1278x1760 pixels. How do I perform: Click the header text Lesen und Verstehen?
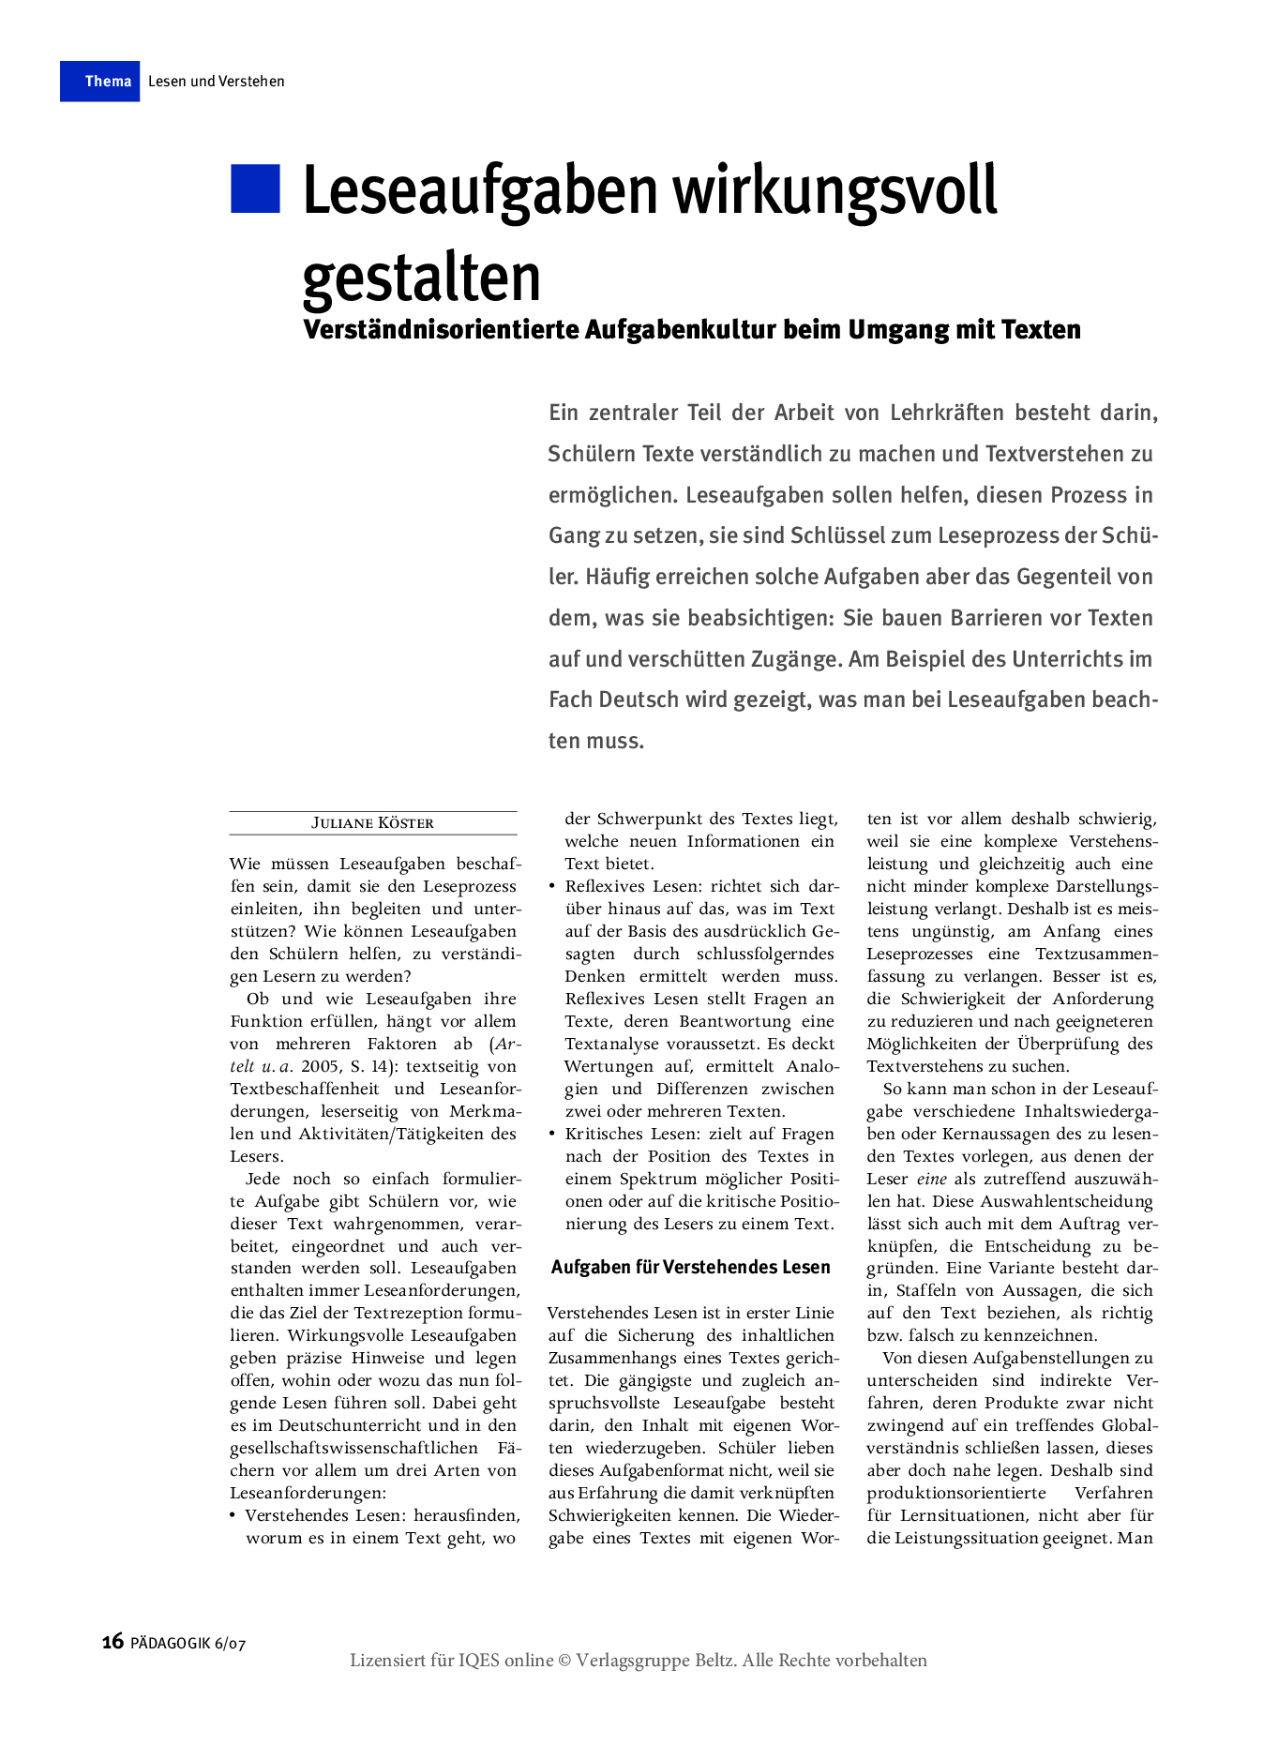pyautogui.click(x=216, y=82)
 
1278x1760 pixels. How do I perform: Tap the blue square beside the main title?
pyautogui.click(x=255, y=188)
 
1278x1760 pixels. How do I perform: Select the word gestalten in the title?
pyautogui.click(x=422, y=278)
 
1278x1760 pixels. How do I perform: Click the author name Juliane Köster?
pyautogui.click(x=372, y=823)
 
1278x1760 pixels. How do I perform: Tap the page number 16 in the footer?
pyautogui.click(x=113, y=1641)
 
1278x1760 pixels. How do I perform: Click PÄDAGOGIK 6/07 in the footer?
pyautogui.click(x=188, y=1643)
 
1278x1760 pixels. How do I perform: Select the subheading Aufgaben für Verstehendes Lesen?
pyautogui.click(x=690, y=1268)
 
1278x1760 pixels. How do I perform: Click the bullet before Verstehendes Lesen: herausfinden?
pyautogui.click(x=233, y=1515)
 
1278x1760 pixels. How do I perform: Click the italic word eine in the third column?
pyautogui.click(x=931, y=1180)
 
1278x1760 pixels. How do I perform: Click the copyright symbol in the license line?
pyautogui.click(x=564, y=1661)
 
